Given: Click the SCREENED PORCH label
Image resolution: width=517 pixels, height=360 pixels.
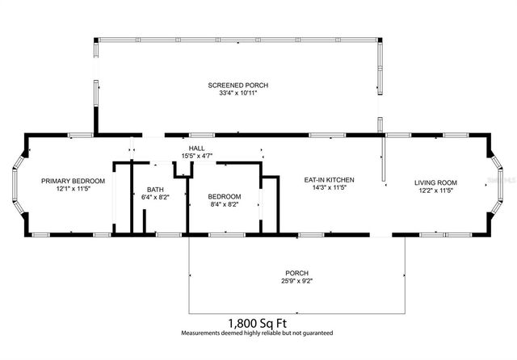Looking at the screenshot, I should coord(237,85).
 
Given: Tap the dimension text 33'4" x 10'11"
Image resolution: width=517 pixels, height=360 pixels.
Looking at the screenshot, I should coord(237,94).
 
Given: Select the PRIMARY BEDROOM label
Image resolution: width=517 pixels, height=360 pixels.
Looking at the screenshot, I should coord(68,181).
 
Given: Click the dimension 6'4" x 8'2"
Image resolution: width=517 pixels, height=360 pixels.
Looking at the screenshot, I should coord(154,196).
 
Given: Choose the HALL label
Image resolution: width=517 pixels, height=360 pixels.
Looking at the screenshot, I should coord(196,149).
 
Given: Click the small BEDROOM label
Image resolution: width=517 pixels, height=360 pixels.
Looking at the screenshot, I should coord(224,196).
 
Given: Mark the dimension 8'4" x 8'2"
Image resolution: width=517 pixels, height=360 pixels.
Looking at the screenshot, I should coord(224,204).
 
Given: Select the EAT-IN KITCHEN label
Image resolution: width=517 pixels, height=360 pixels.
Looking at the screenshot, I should coord(329,179).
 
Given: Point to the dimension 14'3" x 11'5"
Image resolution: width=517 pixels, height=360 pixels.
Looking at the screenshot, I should coord(329,188).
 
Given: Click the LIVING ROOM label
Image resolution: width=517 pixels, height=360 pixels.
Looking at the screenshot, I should coord(435,182).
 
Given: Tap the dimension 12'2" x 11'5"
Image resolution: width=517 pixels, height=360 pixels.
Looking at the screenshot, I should coord(435,191).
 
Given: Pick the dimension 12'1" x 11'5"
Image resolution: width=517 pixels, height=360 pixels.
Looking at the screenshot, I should coord(68,190).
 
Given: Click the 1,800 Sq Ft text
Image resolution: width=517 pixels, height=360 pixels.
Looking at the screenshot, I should coord(257,321).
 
